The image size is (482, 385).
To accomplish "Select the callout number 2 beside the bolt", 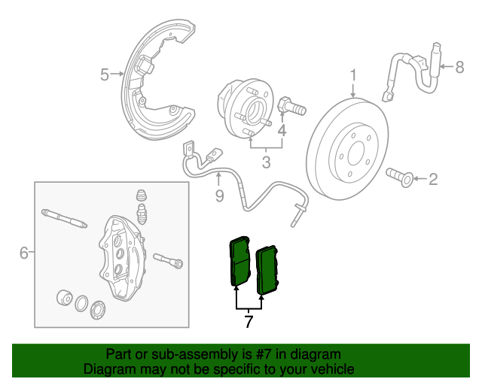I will [x=432, y=179].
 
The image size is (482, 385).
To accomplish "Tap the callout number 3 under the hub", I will [x=266, y=162].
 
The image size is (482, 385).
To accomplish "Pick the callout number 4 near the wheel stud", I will [x=282, y=131].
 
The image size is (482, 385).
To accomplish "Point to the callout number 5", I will [x=105, y=74].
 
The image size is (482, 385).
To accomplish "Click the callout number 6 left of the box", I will [x=23, y=253].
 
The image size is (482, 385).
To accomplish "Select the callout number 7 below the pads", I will [x=249, y=323].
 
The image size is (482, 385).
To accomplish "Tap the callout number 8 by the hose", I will [x=459, y=68].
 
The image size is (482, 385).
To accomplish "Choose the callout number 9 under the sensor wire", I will [x=219, y=196].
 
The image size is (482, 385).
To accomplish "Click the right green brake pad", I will [x=268, y=270].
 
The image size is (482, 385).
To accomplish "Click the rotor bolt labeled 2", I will [x=398, y=177].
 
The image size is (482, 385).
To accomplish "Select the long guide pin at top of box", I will [x=68, y=218].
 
